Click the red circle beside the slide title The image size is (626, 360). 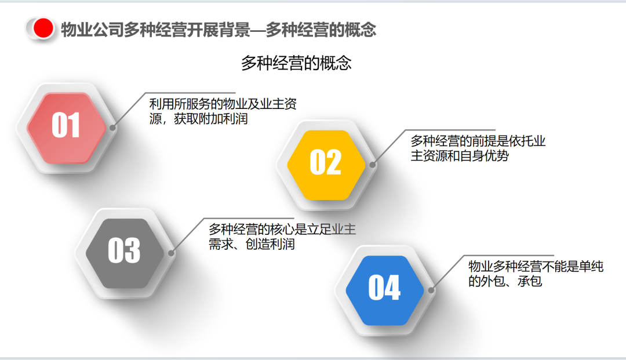pos(43,28)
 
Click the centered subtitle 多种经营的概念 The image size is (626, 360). pos(296,63)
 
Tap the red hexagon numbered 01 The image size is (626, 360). pos(66,128)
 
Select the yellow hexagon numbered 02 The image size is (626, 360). pos(326,165)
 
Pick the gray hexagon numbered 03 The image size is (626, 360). pos(125,253)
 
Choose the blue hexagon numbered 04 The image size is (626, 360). pos(384,290)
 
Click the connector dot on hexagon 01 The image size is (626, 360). pos(112,128)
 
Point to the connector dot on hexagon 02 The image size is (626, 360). pos(372,165)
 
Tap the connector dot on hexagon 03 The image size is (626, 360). pos(171,253)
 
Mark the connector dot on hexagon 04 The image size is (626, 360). pos(430,290)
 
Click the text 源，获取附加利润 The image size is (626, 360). pos(198,119)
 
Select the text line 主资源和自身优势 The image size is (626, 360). pos(460,156)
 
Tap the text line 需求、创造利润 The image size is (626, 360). pos(252,244)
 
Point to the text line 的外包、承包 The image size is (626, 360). pos(505,281)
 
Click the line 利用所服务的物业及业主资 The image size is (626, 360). pos(223,104)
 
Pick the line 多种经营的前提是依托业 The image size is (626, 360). pos(478,141)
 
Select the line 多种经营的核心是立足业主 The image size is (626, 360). pos(282,229)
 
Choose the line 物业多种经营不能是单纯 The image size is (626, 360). pos(536,266)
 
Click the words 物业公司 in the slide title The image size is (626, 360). pos(92,29)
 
